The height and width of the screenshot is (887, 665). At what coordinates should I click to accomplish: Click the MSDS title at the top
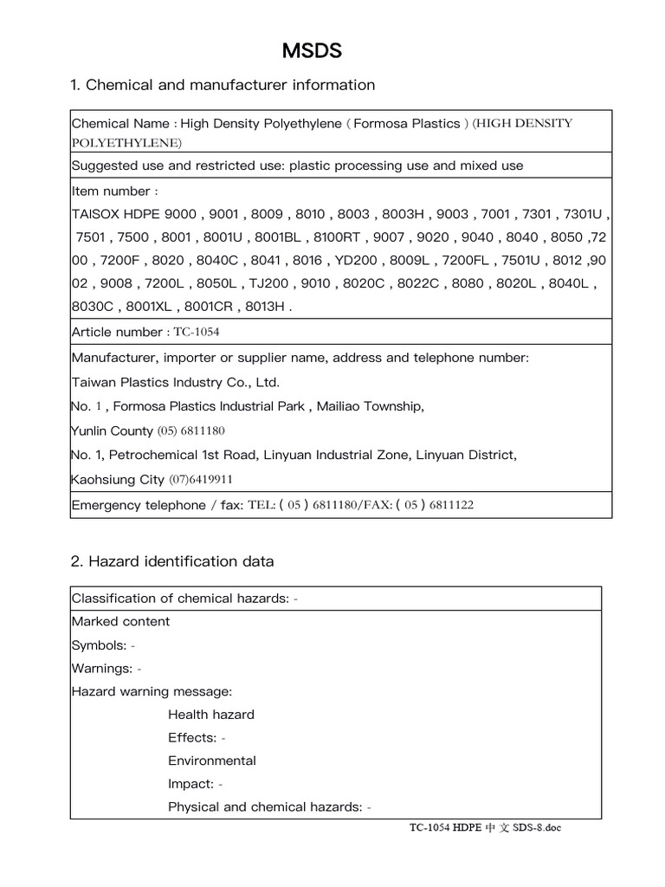[x=312, y=51]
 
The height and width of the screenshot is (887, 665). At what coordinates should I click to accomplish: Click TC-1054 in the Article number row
[x=198, y=333]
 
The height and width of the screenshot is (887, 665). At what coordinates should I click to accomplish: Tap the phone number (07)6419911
[x=200, y=480]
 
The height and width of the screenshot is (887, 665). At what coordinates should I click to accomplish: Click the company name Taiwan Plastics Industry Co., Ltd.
[x=175, y=382]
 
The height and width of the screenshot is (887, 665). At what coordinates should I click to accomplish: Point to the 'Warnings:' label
[x=102, y=669]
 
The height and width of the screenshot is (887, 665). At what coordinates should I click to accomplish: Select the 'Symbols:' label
[x=99, y=645]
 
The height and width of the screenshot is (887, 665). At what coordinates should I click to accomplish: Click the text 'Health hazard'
[x=210, y=715]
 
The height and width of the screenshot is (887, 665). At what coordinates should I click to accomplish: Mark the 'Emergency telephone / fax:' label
[x=158, y=505]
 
